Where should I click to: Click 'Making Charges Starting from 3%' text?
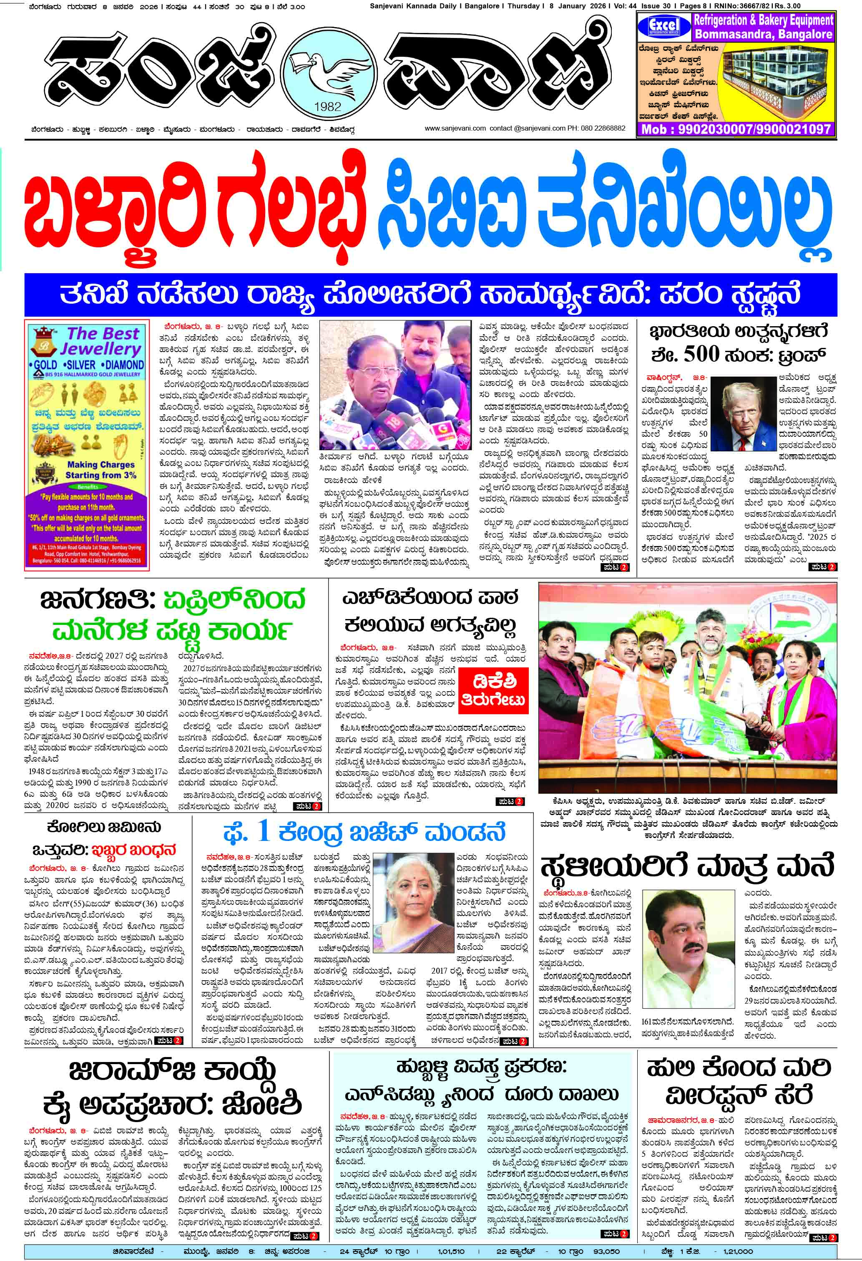click(x=101, y=470)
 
